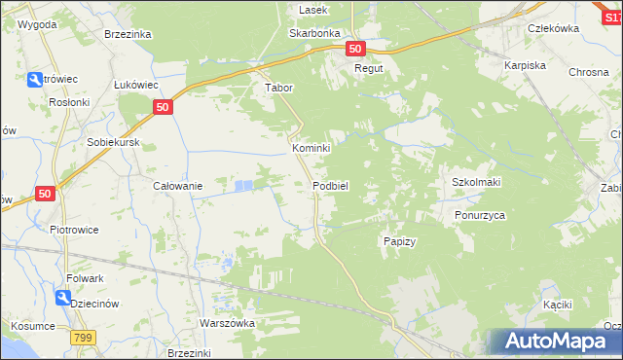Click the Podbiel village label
click(x=331, y=186)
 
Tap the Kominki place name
click(x=311, y=148)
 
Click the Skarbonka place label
click(x=313, y=32)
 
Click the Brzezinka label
click(x=128, y=33)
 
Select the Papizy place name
click(x=400, y=241)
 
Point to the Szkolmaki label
click(x=475, y=182)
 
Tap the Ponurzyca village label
click(x=480, y=216)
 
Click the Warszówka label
click(x=227, y=323)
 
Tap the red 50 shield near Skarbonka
click(x=354, y=49)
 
